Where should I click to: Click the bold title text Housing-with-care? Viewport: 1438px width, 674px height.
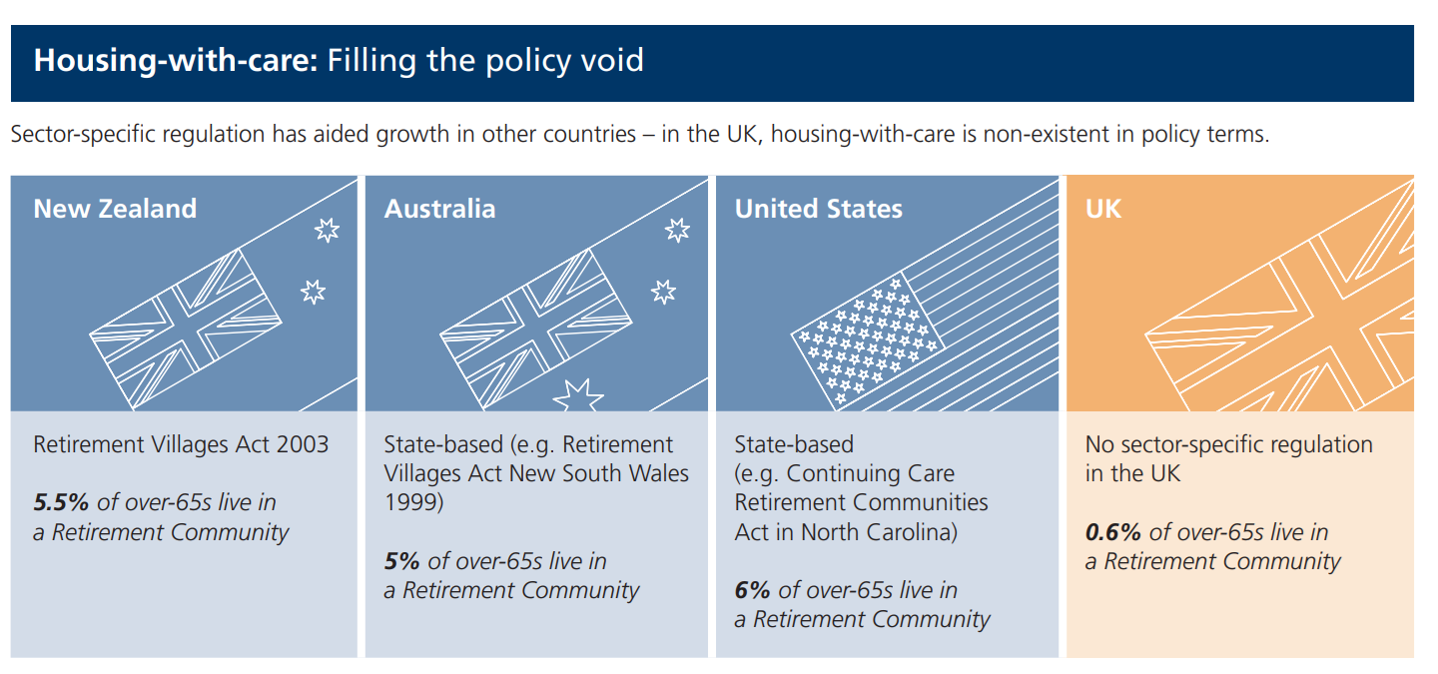coord(176,61)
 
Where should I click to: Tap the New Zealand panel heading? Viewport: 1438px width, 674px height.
coord(115,209)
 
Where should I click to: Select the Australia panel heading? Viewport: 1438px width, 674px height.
coord(439,209)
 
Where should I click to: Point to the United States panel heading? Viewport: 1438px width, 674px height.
coord(819,209)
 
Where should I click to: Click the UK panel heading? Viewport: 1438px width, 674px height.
coord(1102,209)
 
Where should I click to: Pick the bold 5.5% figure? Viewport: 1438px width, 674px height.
coord(61,502)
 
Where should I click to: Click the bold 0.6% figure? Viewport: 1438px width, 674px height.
coord(1112,531)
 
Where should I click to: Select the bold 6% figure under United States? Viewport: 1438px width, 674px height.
coord(752,589)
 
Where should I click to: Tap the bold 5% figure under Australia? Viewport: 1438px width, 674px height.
coord(401,560)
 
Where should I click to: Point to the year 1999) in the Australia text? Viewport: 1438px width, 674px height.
coord(413,502)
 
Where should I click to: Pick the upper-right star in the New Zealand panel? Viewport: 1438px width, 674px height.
coord(327,230)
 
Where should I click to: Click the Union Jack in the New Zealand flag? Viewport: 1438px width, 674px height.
coord(185,329)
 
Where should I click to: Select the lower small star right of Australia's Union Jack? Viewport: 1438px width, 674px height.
coord(663,292)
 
